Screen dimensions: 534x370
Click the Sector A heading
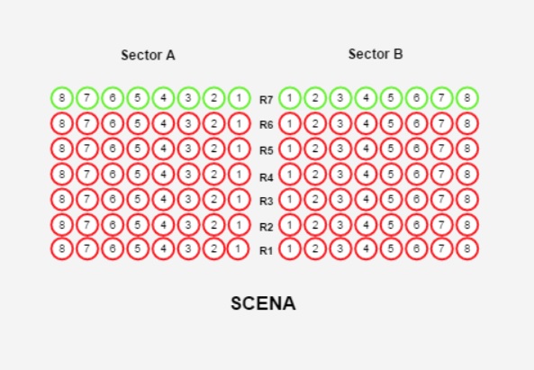(x=149, y=55)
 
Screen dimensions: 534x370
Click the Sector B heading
(x=376, y=54)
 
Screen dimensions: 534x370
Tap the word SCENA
(x=263, y=303)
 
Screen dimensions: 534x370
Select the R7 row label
(x=267, y=100)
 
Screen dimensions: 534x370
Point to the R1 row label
(x=267, y=251)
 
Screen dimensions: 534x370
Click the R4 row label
(x=267, y=177)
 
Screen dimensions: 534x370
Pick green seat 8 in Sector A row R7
(x=61, y=98)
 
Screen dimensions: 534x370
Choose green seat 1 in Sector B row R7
(x=290, y=98)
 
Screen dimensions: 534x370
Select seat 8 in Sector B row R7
(x=467, y=98)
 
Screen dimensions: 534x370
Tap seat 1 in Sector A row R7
(x=239, y=98)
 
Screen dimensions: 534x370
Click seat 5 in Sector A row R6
(x=138, y=123)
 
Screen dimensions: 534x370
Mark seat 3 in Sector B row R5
(x=340, y=149)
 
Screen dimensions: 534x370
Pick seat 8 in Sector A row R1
(x=61, y=248)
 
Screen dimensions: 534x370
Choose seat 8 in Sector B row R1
(x=467, y=248)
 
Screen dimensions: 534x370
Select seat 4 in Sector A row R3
(x=163, y=199)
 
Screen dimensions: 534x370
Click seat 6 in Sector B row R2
(x=417, y=225)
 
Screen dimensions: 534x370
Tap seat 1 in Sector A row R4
(x=239, y=175)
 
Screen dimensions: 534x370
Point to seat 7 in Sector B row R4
(x=442, y=175)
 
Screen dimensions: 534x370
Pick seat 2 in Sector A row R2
(x=214, y=225)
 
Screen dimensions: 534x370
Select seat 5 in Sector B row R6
(x=391, y=123)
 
